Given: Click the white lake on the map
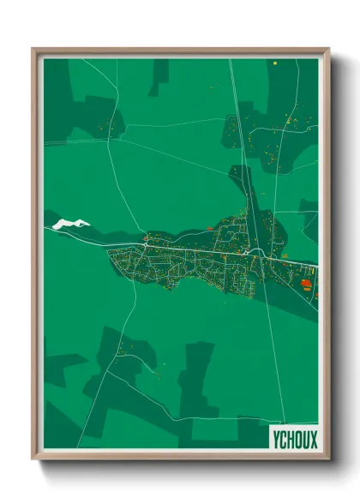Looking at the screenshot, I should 69,225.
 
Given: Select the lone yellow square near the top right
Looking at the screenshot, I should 274,63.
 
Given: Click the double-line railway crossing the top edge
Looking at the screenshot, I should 232,69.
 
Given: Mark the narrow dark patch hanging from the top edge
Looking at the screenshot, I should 159,75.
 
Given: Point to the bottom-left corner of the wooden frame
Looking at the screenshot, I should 34,458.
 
